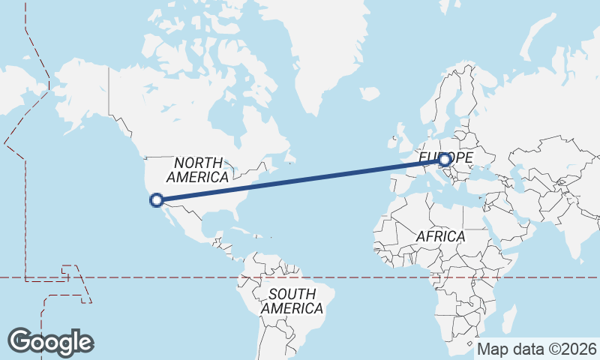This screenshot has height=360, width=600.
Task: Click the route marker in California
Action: pyautogui.click(x=157, y=199)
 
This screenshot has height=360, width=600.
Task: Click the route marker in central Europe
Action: pyautogui.click(x=445, y=160)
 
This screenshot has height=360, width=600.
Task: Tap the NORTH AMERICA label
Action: pyautogui.click(x=198, y=170)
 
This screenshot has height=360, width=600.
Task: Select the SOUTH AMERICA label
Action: pyautogui.click(x=292, y=301)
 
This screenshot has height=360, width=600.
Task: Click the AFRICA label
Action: pyautogui.click(x=441, y=236)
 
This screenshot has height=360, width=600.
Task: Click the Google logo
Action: pyautogui.click(x=51, y=342)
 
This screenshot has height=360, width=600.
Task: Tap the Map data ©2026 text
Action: pyautogui.click(x=537, y=349)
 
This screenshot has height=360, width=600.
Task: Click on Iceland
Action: pyautogui.click(x=369, y=94)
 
